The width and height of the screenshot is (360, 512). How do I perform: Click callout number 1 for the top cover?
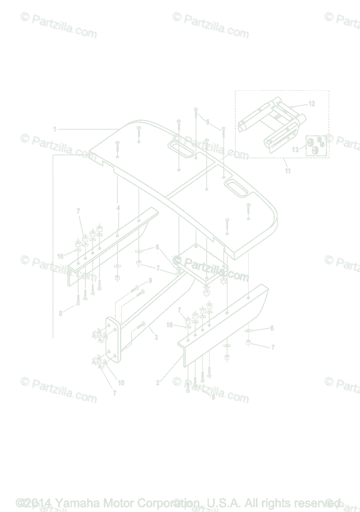tap(55, 128)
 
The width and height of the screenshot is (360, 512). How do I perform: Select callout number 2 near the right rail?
tap(158, 383)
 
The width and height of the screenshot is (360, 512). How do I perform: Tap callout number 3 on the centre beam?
tap(156, 337)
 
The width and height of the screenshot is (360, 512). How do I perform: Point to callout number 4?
tap(118, 208)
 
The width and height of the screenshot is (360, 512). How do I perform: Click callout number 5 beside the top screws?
tap(208, 122)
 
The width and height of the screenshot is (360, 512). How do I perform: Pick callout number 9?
tap(150, 280)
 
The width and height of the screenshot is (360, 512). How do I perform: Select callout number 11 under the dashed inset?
tap(287, 171)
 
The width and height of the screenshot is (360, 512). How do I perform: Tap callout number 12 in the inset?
tap(312, 104)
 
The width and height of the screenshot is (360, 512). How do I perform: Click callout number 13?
tap(296, 150)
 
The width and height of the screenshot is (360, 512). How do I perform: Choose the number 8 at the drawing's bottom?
tap(213, 396)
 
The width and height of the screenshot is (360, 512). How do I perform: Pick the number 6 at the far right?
tap(272, 328)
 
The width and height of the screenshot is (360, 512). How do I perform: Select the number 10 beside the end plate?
tap(121, 383)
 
